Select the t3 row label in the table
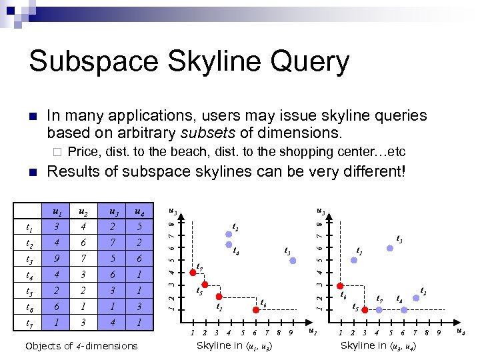pos(30,259)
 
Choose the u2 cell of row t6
pos(85,306)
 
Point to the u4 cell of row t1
pos(138,227)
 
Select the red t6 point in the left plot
pos(255,309)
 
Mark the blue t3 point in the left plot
pos(293,261)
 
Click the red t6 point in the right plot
pos(341,285)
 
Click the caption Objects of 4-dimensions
pos(81,345)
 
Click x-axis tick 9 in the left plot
pos(291,332)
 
